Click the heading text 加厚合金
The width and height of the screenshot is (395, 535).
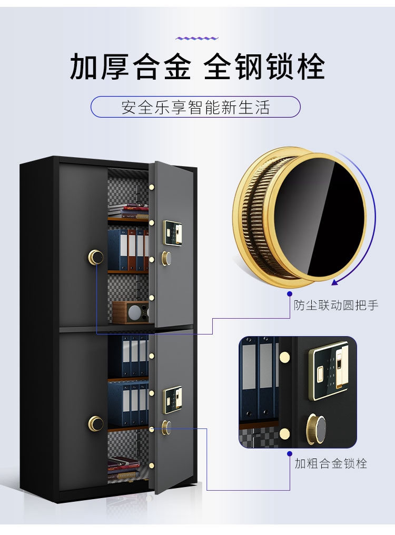pyautogui.click(x=130, y=67)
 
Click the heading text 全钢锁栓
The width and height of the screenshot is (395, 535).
pyautogui.click(x=264, y=67)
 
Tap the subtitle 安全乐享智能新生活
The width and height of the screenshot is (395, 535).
pyautogui.click(x=195, y=108)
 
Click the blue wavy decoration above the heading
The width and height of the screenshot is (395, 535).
pyautogui.click(x=196, y=38)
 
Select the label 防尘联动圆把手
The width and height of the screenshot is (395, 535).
pyautogui.click(x=336, y=305)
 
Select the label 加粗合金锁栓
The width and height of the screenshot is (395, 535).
pyautogui.click(x=331, y=463)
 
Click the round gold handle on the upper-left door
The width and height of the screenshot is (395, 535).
pyautogui.click(x=96, y=257)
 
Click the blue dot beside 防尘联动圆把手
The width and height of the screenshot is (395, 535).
pyautogui.click(x=289, y=293)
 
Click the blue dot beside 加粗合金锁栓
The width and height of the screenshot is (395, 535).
pyautogui.click(x=289, y=453)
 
